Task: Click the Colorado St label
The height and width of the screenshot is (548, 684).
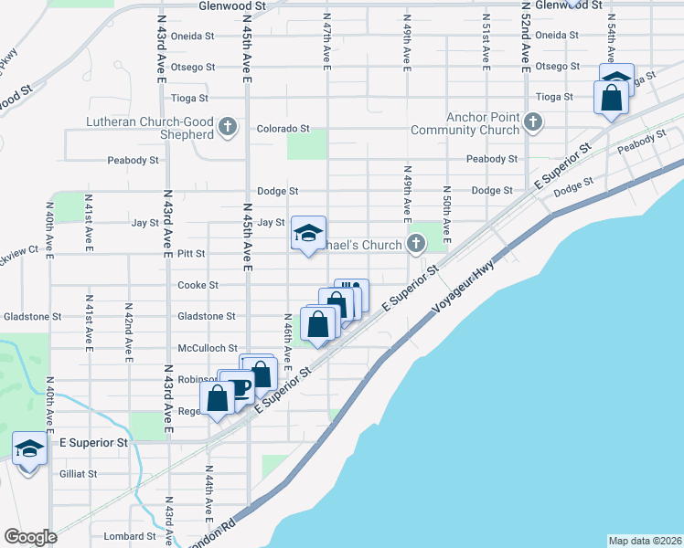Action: pyautogui.click(x=283, y=129)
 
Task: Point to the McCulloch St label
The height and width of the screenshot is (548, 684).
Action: pyautogui.click(x=208, y=348)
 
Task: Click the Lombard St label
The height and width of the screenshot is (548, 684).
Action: pyautogui.click(x=129, y=536)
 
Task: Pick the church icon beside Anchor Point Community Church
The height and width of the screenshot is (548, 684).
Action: pyautogui.click(x=534, y=121)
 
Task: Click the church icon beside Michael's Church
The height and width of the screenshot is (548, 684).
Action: pyautogui.click(x=416, y=243)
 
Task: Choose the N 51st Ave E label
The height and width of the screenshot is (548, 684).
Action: pyautogui.click(x=485, y=37)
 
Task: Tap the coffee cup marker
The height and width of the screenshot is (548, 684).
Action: pyautogui.click(x=240, y=387)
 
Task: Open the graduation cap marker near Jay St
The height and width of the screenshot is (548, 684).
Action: pyautogui.click(x=308, y=233)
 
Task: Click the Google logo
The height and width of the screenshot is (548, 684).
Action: pyautogui.click(x=30, y=537)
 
